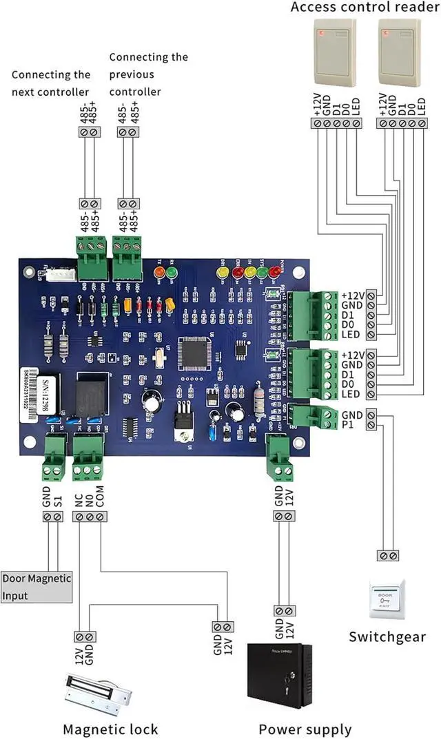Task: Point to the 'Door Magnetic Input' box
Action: coord(36,587)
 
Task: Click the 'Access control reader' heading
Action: coord(365,8)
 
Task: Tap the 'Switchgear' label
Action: coord(387,636)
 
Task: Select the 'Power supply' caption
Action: coord(305,729)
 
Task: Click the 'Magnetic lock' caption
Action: coord(110,729)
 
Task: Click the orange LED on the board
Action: coord(159,272)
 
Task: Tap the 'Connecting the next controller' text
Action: coord(50,83)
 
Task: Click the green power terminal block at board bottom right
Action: coord(279,458)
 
